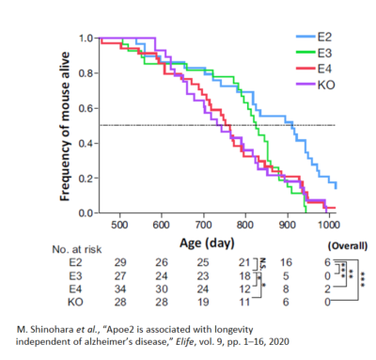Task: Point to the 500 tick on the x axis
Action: (120, 226)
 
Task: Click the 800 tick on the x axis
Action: (245, 226)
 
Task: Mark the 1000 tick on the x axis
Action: (329, 226)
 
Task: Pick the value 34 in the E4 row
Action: (119, 288)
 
